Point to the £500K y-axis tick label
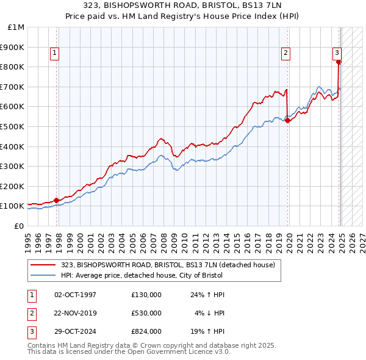tap(13, 126)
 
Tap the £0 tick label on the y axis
tap(19, 226)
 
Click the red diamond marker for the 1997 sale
tap(56, 200)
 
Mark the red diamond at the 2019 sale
tap(287, 120)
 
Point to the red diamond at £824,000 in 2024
tap(339, 62)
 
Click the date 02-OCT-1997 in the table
tap(75, 295)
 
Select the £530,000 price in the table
tap(146, 313)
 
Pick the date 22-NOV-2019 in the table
tap(76, 313)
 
